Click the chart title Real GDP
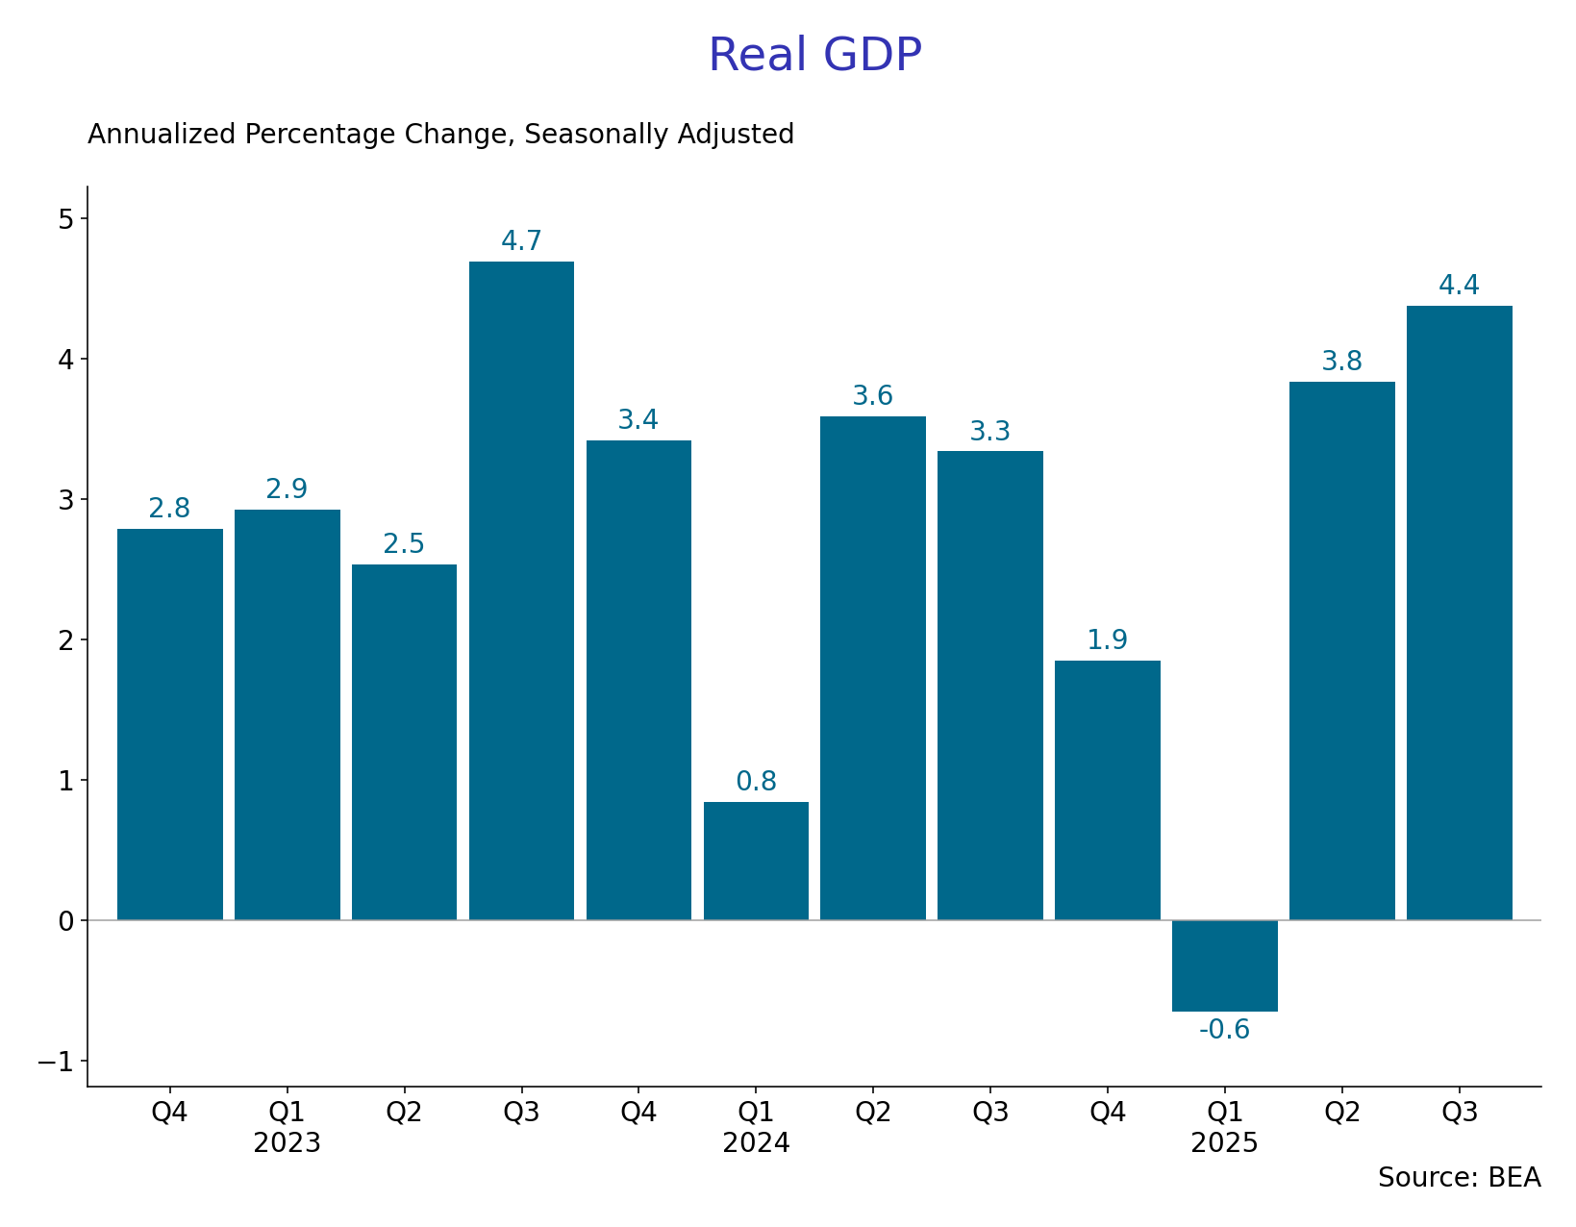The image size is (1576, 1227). click(814, 55)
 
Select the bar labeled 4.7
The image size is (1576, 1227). click(521, 590)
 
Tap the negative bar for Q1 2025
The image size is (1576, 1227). click(1224, 965)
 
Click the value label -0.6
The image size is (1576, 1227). click(1224, 1030)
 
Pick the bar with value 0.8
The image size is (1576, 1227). click(756, 861)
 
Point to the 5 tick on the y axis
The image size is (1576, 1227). click(65, 219)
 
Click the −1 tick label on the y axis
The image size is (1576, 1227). click(56, 1062)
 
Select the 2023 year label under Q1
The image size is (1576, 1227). click(287, 1143)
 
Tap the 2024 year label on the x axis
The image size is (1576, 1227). click(756, 1143)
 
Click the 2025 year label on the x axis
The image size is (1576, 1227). click(1224, 1143)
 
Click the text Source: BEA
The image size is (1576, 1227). click(1459, 1178)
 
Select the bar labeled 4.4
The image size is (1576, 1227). click(1459, 613)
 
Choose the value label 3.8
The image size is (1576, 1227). click(1341, 362)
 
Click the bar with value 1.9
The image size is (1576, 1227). click(1107, 789)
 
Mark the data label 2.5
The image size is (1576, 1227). click(404, 544)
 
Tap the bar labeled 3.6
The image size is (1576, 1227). click(872, 667)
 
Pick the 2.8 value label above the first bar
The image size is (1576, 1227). click(169, 509)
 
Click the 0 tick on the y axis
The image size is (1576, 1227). click(65, 921)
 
